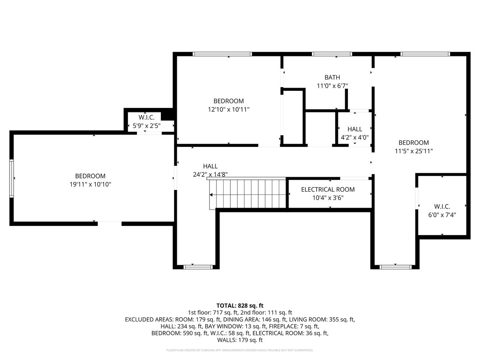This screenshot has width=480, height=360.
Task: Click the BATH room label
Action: (x=332, y=77)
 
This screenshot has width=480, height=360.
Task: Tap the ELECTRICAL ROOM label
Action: (x=328, y=190)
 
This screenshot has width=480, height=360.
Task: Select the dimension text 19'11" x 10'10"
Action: (x=90, y=184)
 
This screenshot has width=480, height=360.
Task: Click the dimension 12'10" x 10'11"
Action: (x=228, y=109)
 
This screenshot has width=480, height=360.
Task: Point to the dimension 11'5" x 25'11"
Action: (x=414, y=151)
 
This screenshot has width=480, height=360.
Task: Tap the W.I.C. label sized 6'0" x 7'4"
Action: (x=442, y=206)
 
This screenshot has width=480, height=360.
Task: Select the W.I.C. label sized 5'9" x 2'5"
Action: (x=144, y=117)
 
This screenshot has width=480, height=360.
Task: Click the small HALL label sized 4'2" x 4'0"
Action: (x=354, y=129)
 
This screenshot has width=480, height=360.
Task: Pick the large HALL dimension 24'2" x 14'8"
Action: (x=210, y=174)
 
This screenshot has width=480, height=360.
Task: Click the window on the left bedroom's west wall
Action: (x=12, y=178)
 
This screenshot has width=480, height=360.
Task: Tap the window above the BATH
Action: (x=332, y=54)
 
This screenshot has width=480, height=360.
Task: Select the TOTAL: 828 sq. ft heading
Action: (x=240, y=305)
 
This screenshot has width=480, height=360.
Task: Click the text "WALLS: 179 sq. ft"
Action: (x=240, y=340)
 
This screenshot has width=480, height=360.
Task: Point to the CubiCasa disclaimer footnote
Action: (x=240, y=350)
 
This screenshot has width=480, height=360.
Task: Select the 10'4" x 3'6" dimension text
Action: (x=328, y=198)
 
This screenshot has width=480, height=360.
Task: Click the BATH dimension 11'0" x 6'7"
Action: (x=332, y=85)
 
